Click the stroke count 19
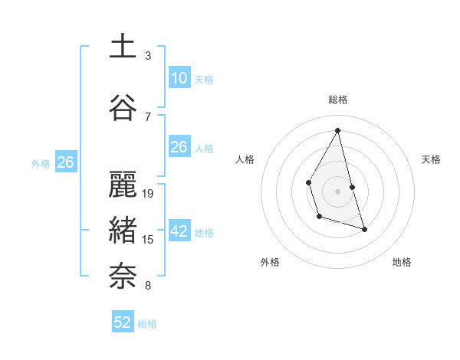(x=149, y=194)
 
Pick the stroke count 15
(x=149, y=240)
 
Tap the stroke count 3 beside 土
(x=148, y=56)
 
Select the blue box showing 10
(x=179, y=78)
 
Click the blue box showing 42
(x=179, y=232)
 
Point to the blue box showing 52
(x=123, y=322)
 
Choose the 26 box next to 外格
(x=65, y=162)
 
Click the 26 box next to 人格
(x=179, y=147)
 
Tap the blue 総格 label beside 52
(x=147, y=324)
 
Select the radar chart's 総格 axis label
(x=338, y=100)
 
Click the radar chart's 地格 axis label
(x=402, y=262)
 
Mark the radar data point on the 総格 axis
(x=338, y=130)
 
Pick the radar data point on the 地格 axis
(x=364, y=229)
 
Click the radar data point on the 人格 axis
(x=308, y=182)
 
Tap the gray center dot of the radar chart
(x=338, y=191)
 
